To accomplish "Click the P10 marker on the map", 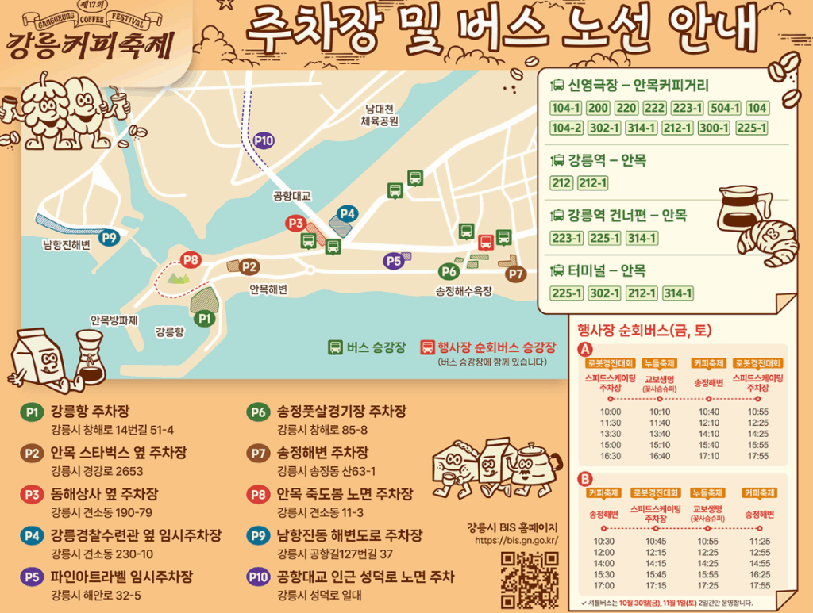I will tap(264, 141).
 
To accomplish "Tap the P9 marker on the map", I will tap(109, 236).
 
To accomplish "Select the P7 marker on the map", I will tap(516, 274).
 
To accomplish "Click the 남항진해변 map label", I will tap(67, 247).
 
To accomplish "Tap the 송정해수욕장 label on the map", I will tap(464, 291).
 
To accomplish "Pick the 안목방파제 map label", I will tap(114, 320).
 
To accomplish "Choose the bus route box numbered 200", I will tap(598, 109).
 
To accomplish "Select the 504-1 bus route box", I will tap(725, 109).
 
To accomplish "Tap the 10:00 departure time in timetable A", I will tap(611, 412).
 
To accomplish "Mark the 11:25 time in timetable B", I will tap(760, 541).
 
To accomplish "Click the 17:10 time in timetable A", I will tap(709, 456).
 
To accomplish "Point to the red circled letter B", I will tap(586, 478).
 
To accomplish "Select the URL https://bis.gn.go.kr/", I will tap(516, 541).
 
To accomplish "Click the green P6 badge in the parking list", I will tap(258, 412).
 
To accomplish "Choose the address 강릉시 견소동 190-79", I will tap(102, 512).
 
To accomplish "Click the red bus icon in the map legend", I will tap(427, 347).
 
